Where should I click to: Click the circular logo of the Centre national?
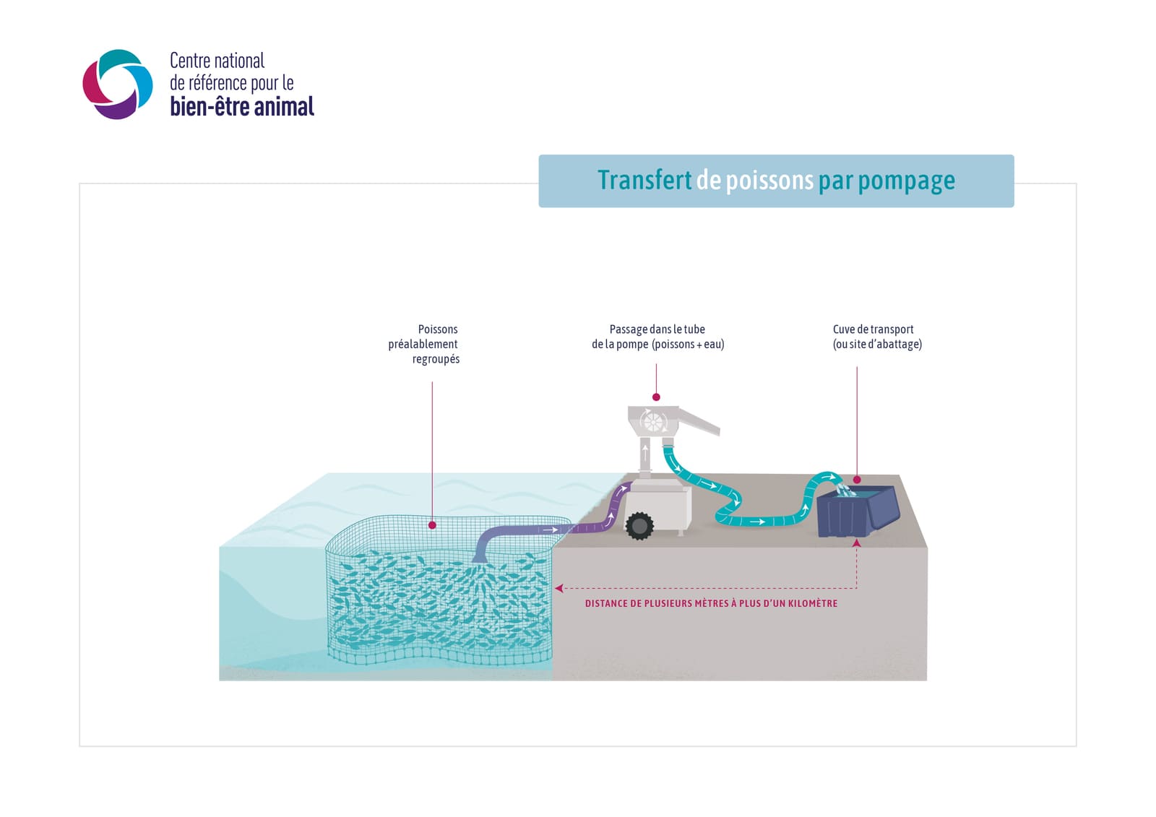(118, 84)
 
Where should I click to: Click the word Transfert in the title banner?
(644, 180)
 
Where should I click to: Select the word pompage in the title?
(906, 181)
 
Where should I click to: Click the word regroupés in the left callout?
(436, 359)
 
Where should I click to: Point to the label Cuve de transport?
(874, 329)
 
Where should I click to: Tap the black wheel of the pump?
(639, 526)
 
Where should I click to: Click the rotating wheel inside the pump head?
(653, 422)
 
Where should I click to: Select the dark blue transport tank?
(858, 511)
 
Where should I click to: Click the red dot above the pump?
(656, 397)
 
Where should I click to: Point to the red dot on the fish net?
(433, 525)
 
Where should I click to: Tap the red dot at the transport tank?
(857, 480)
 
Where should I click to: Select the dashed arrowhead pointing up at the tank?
(857, 543)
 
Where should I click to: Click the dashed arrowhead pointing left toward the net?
(559, 588)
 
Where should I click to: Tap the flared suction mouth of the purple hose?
(480, 558)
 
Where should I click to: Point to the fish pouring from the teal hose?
(845, 490)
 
